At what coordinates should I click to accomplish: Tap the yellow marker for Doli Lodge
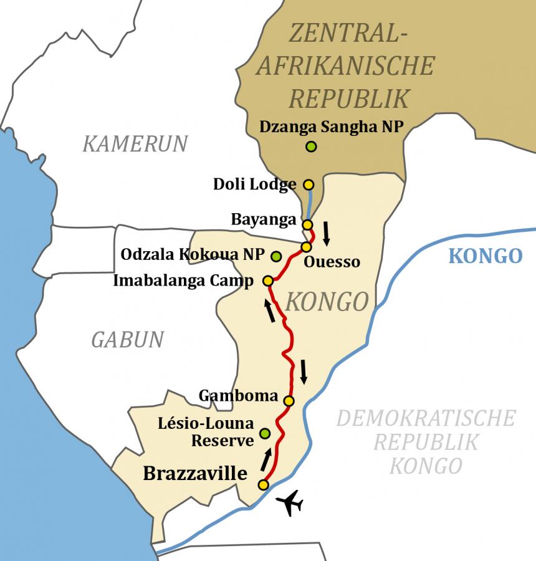(x=308, y=185)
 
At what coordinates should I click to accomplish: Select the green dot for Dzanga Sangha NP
(x=311, y=147)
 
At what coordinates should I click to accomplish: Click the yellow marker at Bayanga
(x=307, y=224)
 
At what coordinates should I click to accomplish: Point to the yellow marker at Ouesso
(x=306, y=247)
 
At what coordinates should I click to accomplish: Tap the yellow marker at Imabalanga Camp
(x=268, y=281)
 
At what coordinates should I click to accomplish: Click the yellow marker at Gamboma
(x=289, y=400)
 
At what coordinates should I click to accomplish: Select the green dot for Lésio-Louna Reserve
(x=265, y=433)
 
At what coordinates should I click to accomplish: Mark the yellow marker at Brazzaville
(x=264, y=484)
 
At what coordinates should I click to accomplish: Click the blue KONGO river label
(x=485, y=256)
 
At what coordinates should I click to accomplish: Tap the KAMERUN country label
(x=135, y=144)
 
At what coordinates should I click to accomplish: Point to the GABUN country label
(x=127, y=340)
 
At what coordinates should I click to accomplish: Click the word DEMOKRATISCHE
(x=426, y=418)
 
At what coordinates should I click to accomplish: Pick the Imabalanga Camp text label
(x=183, y=281)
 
